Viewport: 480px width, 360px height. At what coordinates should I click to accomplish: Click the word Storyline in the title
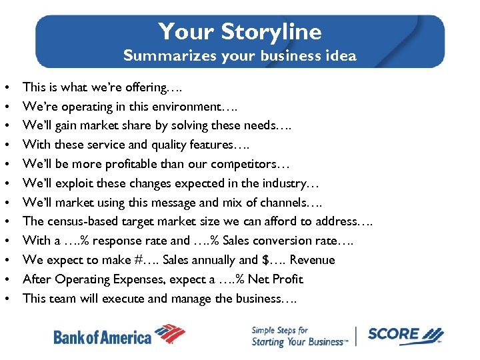(271, 31)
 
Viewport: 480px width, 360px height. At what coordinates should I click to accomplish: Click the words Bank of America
(102, 337)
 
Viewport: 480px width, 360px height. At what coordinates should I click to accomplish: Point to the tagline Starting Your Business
(299, 342)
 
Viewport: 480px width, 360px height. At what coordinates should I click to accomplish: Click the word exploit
(75, 183)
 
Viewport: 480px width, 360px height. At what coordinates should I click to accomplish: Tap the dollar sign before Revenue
(268, 260)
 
